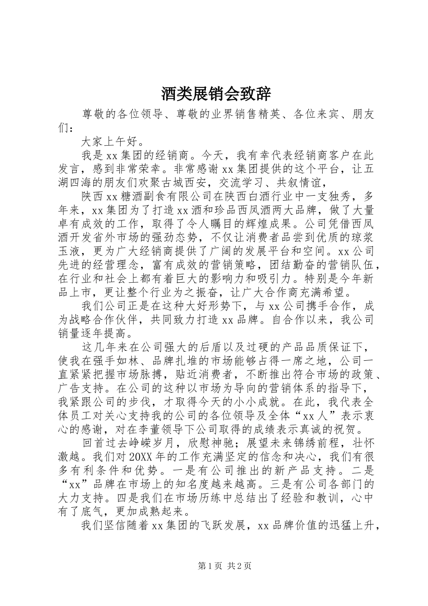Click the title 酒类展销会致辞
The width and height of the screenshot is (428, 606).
point(216,94)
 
